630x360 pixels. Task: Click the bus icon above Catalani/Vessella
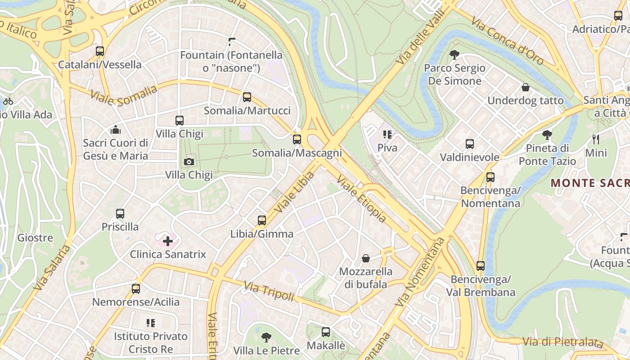click(x=100, y=51)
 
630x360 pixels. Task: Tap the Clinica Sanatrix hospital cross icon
click(x=168, y=241)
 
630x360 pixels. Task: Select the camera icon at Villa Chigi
click(x=189, y=162)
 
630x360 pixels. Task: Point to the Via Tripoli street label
click(x=269, y=291)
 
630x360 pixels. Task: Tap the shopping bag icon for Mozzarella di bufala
click(x=366, y=258)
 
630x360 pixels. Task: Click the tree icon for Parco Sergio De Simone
click(x=454, y=55)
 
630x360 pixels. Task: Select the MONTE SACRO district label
click(x=589, y=183)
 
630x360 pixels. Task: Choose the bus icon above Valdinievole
click(x=470, y=144)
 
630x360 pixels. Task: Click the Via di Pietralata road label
click(x=562, y=342)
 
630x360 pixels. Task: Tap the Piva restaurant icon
click(x=387, y=134)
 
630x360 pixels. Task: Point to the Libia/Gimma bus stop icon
click(x=262, y=220)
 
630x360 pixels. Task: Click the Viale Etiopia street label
click(x=361, y=199)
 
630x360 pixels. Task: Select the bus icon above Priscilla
click(x=120, y=214)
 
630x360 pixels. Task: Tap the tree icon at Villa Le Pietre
click(x=266, y=337)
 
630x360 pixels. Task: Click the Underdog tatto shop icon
click(x=525, y=87)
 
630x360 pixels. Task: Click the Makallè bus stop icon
click(x=326, y=332)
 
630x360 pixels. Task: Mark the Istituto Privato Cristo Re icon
click(x=150, y=323)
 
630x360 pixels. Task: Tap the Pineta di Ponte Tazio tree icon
click(x=547, y=135)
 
